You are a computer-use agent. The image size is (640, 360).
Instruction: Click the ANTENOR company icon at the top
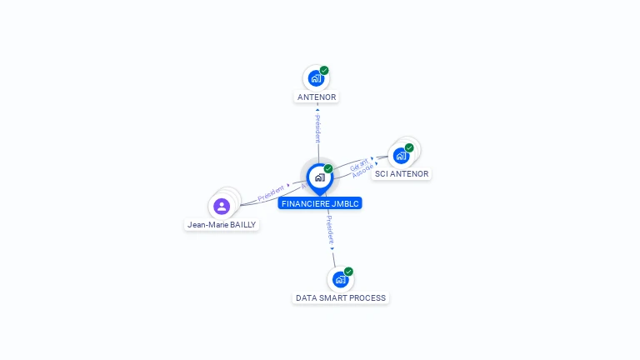(315, 78)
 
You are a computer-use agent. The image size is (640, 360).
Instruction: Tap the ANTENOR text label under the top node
(317, 97)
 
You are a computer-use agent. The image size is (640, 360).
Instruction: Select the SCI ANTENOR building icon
(401, 156)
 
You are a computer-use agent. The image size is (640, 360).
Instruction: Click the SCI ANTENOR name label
(402, 174)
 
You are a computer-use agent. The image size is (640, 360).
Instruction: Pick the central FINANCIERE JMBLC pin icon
(319, 177)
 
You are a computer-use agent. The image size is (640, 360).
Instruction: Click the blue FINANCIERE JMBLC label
(321, 203)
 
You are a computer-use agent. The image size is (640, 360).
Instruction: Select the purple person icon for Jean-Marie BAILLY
(222, 206)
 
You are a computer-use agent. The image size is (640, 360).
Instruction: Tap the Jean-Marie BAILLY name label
(222, 225)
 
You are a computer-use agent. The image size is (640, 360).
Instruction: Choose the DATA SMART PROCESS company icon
(340, 279)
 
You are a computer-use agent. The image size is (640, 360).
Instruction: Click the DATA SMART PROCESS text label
(341, 297)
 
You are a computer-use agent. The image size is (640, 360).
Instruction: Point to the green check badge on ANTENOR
(324, 71)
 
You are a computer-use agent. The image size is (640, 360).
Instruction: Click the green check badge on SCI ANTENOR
(409, 147)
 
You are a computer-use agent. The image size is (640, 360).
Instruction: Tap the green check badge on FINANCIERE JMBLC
(328, 169)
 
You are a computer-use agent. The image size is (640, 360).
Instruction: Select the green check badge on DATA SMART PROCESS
(348, 272)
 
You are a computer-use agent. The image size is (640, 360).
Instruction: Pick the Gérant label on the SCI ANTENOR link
(357, 162)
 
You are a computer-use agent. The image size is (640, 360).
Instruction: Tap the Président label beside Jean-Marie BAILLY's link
(271, 193)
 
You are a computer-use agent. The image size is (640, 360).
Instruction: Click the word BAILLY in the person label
(242, 225)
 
